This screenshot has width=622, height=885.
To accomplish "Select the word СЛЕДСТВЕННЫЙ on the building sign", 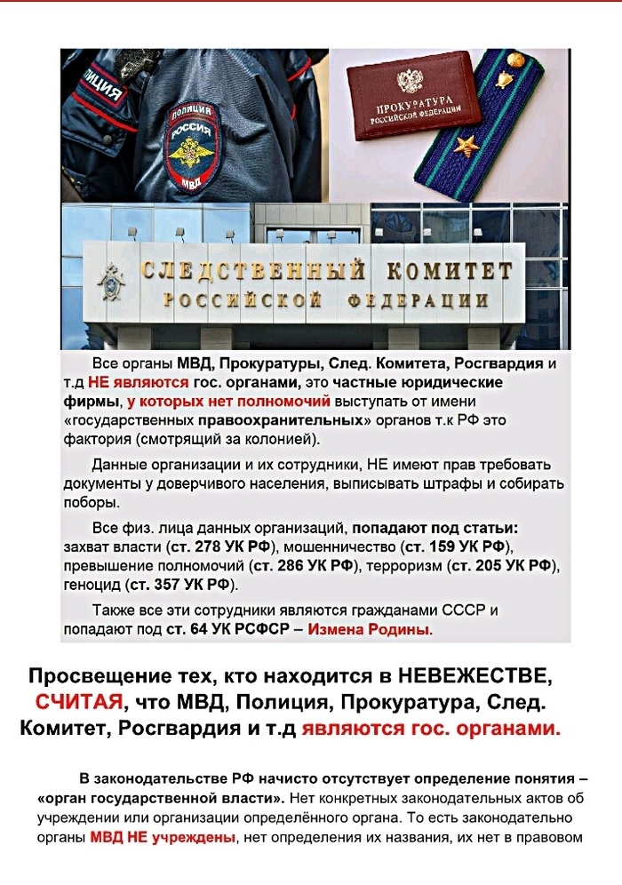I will click(253, 270).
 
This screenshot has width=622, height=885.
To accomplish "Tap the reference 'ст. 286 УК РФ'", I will click(302, 565).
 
